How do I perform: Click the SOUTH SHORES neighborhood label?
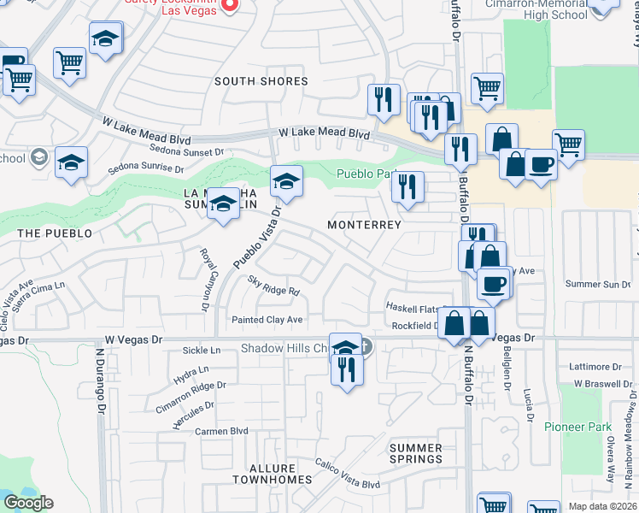pos(261,81)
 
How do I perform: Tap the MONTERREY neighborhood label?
pos(365,225)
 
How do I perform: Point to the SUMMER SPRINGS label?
pos(416,454)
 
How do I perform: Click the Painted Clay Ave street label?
pos(268,320)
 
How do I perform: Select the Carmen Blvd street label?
pos(220,431)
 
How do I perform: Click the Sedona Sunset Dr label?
pos(183,151)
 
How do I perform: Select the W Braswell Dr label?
pos(601,384)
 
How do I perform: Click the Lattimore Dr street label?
pos(596,366)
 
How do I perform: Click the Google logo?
pos(28,503)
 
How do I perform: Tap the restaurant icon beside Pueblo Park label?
pos(408,186)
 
